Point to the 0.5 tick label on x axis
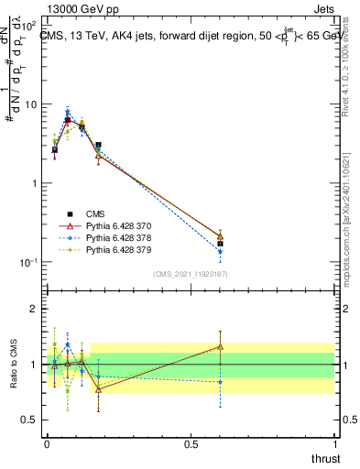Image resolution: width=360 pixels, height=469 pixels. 191,443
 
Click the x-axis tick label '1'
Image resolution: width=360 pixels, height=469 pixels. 334,443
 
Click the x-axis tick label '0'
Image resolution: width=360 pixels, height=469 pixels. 47,443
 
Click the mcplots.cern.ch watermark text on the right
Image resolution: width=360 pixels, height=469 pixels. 352,229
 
